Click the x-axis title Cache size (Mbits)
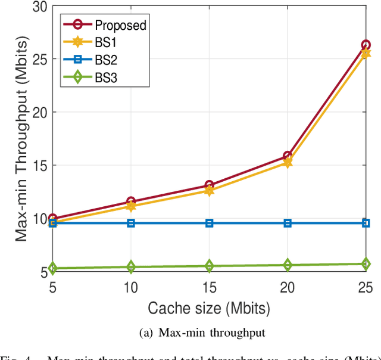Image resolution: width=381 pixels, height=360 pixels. [x=209, y=308]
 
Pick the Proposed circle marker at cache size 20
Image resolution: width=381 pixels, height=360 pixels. [x=288, y=156]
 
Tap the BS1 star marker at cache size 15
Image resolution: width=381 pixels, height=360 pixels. [x=209, y=191]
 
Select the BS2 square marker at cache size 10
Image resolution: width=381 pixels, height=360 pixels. [x=130, y=223]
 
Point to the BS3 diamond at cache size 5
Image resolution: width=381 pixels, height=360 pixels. [x=52, y=268]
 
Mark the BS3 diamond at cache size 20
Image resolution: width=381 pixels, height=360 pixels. [x=288, y=265]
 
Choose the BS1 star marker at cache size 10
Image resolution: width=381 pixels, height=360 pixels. [x=130, y=206]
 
